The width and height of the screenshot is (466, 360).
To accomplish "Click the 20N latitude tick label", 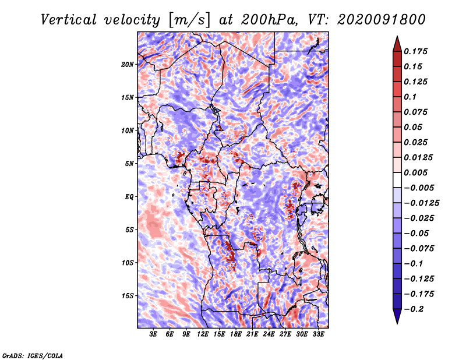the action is (x=128, y=65).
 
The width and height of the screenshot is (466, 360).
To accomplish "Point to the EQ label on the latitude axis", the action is (x=129, y=197).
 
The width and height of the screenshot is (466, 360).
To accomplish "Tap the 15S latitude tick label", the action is (x=128, y=296).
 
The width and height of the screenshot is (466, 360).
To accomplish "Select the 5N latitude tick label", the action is (x=129, y=164).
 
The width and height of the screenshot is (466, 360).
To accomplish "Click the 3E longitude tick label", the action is (x=153, y=334).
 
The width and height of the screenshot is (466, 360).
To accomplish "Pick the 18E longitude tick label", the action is (x=236, y=334).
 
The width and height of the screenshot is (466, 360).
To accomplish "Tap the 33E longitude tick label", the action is (x=318, y=334).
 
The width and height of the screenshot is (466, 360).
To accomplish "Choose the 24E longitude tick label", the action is (x=269, y=334).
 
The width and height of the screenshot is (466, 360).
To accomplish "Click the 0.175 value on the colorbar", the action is (x=415, y=51).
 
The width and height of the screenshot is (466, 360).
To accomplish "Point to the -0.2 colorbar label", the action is (x=414, y=309).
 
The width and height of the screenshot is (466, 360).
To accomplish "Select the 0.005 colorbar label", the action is (x=415, y=172).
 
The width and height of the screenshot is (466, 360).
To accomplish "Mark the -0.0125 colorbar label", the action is (x=421, y=203).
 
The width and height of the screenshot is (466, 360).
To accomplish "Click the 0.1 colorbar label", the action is (x=410, y=97).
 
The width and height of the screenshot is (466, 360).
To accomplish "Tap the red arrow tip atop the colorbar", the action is (x=397, y=36).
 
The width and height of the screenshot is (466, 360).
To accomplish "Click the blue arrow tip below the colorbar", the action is (x=397, y=323).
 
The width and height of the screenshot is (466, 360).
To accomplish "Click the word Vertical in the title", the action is (x=69, y=20).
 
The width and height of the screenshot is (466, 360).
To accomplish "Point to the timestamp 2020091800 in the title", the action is (x=382, y=20).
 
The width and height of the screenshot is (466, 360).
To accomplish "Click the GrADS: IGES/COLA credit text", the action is (x=33, y=356).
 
